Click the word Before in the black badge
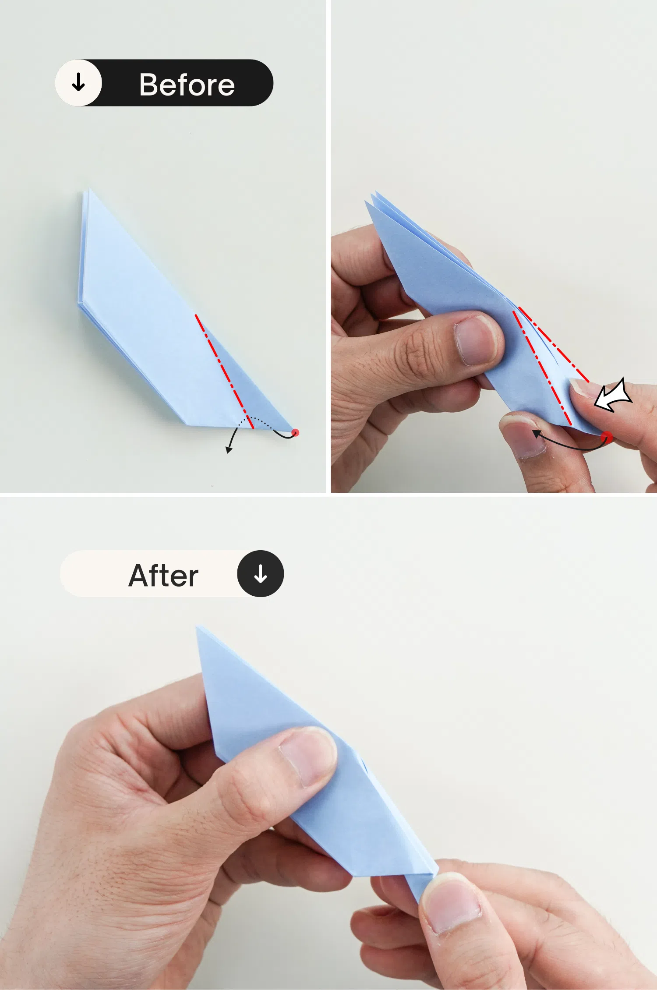coord(187,84)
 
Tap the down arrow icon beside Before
coord(78,82)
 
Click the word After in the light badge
coord(163,575)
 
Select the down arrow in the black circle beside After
coord(261,574)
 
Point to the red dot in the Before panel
coord(296,433)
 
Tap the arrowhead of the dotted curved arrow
coord(228,450)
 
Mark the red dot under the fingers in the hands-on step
coord(607,437)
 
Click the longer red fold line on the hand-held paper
coord(542,368)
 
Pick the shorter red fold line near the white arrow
coord(554,344)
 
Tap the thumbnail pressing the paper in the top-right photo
coord(474,340)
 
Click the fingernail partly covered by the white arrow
coord(585,388)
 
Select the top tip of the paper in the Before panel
coord(89,190)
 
